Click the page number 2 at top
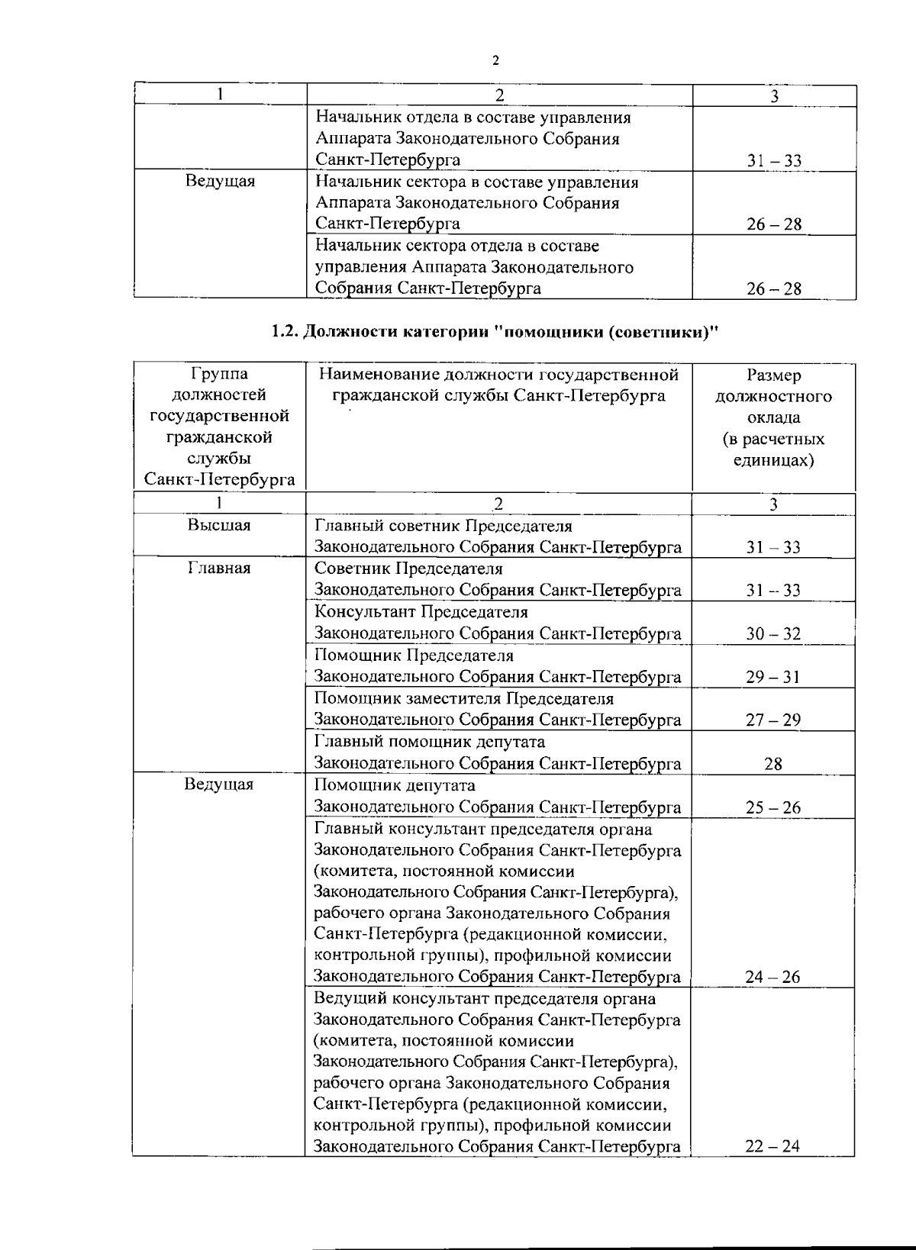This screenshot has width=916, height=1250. [495, 61]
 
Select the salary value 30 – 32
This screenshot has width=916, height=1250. [773, 633]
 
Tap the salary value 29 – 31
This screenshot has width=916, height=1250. [773, 677]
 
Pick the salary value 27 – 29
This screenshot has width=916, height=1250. [773, 720]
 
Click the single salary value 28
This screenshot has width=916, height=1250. [773, 764]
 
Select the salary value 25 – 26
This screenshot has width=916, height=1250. [773, 807]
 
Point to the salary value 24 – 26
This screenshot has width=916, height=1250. [773, 977]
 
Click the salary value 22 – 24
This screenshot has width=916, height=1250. [773, 1146]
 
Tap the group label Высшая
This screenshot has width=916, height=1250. [219, 525]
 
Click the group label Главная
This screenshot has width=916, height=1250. [219, 569]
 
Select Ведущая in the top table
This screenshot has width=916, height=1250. [220, 182]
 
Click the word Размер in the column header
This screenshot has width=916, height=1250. [773, 375]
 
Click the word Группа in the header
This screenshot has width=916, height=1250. [219, 374]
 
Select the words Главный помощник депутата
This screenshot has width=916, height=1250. [430, 742]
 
